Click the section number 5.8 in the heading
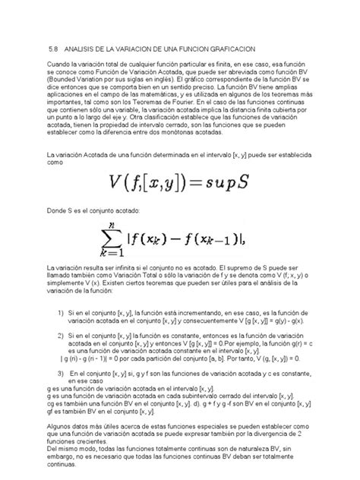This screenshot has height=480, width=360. point(52,45)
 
